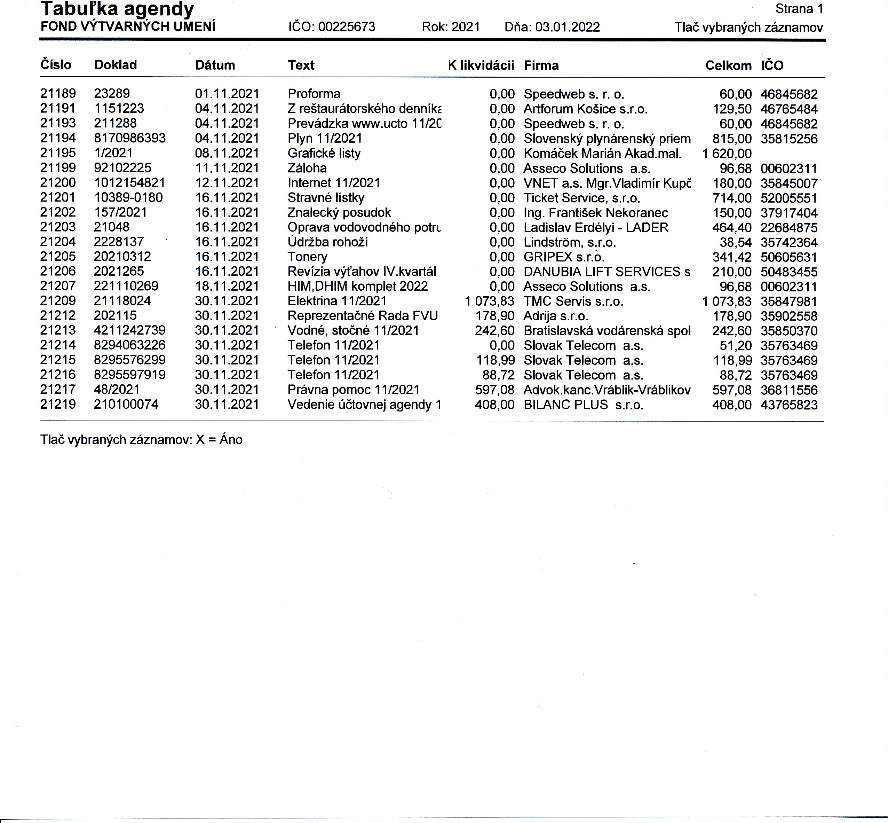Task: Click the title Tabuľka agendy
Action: pyautogui.click(x=118, y=9)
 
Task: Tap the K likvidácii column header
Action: pyautogui.click(x=481, y=65)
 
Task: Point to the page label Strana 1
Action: pyautogui.click(x=799, y=9)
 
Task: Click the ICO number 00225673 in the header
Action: pyautogui.click(x=347, y=27)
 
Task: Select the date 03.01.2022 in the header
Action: pyautogui.click(x=567, y=27)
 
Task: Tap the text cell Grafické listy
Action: pyautogui.click(x=324, y=153)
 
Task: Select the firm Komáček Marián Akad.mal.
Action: pyautogui.click(x=602, y=154)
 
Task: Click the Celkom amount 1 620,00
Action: pyautogui.click(x=727, y=154)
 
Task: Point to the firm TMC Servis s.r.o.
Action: pyautogui.click(x=573, y=301)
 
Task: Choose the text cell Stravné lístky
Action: pyautogui.click(x=326, y=198)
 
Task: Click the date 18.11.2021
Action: pyautogui.click(x=227, y=287)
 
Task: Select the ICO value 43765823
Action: pyautogui.click(x=789, y=405)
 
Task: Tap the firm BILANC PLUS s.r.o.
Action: pyautogui.click(x=583, y=405)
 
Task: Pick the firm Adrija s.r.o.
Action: pyautogui.click(x=556, y=316)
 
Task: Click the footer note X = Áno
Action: pyautogui.click(x=219, y=440)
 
